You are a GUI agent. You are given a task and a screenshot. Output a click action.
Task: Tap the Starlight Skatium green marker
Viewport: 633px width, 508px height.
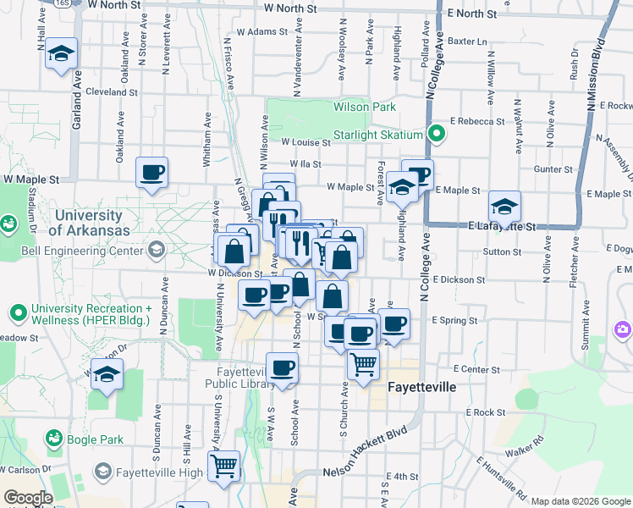point(437,134)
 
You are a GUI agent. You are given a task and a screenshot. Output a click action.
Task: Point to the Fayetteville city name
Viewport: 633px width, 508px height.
point(421,387)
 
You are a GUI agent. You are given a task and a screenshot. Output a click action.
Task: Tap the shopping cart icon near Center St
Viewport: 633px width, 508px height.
point(363,365)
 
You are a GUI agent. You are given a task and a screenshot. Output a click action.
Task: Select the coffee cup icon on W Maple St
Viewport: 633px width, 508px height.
point(152,172)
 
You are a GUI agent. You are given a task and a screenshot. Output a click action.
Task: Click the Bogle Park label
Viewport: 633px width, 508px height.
point(97,439)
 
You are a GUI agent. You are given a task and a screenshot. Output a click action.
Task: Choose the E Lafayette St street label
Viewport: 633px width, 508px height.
point(503,227)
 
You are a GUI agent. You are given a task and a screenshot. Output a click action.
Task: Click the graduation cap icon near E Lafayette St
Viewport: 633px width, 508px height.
point(504,207)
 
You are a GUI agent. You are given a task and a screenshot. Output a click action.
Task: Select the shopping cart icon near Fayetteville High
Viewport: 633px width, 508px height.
point(224,465)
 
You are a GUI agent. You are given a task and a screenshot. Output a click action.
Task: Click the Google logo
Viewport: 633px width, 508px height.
point(28,498)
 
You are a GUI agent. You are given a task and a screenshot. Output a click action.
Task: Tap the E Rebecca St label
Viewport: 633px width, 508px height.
point(477,121)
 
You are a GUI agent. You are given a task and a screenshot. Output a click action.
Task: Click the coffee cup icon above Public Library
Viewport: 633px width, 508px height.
point(282,367)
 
